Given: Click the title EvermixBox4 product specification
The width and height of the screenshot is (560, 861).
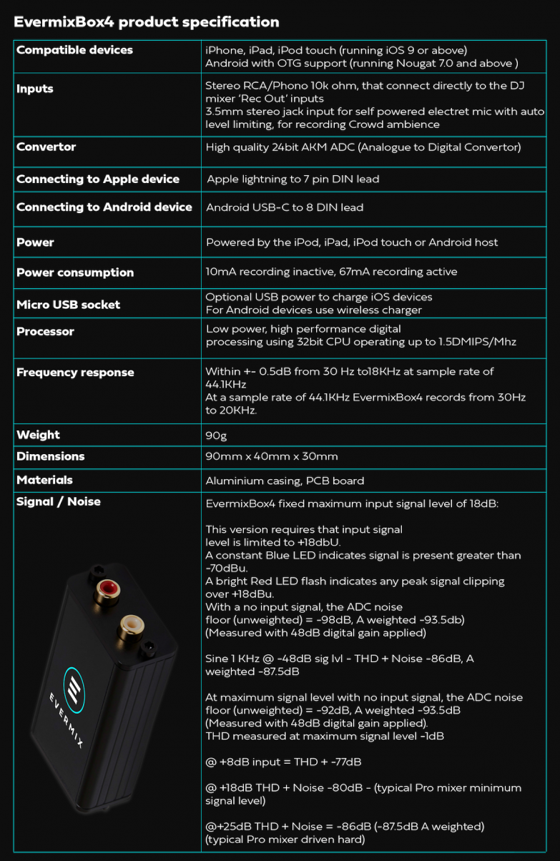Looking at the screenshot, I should (146, 22).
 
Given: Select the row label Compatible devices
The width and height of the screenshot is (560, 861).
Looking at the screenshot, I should (74, 50).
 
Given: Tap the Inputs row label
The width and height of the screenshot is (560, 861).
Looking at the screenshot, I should (35, 89).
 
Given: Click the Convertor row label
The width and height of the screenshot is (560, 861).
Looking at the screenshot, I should (46, 147).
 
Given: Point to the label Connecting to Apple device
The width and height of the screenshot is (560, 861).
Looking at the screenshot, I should (98, 179).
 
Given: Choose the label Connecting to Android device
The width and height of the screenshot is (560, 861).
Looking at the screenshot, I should (104, 207).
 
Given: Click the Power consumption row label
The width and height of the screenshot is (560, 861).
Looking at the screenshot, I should (75, 272).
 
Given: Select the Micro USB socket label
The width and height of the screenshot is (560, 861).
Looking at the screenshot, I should (68, 305).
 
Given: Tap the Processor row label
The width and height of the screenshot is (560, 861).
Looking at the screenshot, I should (45, 332).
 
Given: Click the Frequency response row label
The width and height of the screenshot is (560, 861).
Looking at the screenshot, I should (75, 373).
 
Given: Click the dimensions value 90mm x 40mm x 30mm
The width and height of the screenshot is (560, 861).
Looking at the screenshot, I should (272, 456).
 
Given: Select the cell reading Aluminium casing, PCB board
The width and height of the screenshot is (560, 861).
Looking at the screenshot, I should (285, 481).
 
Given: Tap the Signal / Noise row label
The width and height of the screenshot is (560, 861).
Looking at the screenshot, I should (59, 502).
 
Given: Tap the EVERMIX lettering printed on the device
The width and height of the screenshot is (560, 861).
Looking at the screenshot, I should (67, 719).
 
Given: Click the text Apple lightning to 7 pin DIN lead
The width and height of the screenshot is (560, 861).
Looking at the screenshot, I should (293, 179).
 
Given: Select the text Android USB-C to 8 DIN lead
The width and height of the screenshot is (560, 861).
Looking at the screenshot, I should (285, 207).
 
